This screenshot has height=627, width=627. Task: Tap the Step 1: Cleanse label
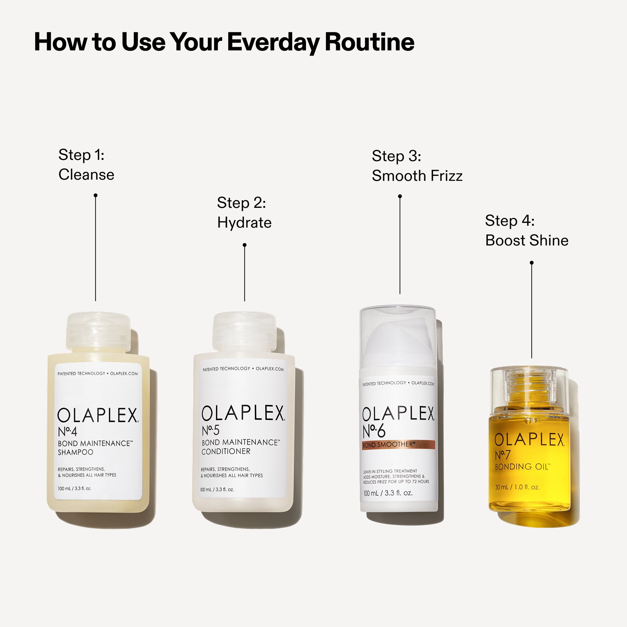click(x=86, y=165)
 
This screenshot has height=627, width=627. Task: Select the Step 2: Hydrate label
click(x=244, y=213)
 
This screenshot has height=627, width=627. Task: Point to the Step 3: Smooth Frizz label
click(x=417, y=166)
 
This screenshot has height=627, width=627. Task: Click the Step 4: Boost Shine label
click(x=526, y=230)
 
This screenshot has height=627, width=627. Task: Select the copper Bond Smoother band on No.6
click(x=398, y=445)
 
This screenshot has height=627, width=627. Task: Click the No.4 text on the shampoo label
click(x=67, y=432)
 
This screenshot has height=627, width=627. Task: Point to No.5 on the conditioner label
click(x=211, y=431)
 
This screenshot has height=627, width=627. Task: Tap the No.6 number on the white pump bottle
click(x=374, y=431)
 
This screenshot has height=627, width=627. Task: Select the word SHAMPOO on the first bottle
click(x=75, y=452)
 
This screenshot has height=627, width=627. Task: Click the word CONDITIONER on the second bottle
click(x=226, y=451)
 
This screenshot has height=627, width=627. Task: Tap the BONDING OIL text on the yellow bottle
click(x=522, y=467)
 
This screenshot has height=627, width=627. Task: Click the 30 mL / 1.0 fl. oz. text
click(x=517, y=487)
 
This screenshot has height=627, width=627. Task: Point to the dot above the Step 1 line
click(x=95, y=195)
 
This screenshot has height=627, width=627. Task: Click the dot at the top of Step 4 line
click(x=532, y=262)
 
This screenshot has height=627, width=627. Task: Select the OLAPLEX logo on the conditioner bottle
click(x=243, y=413)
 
